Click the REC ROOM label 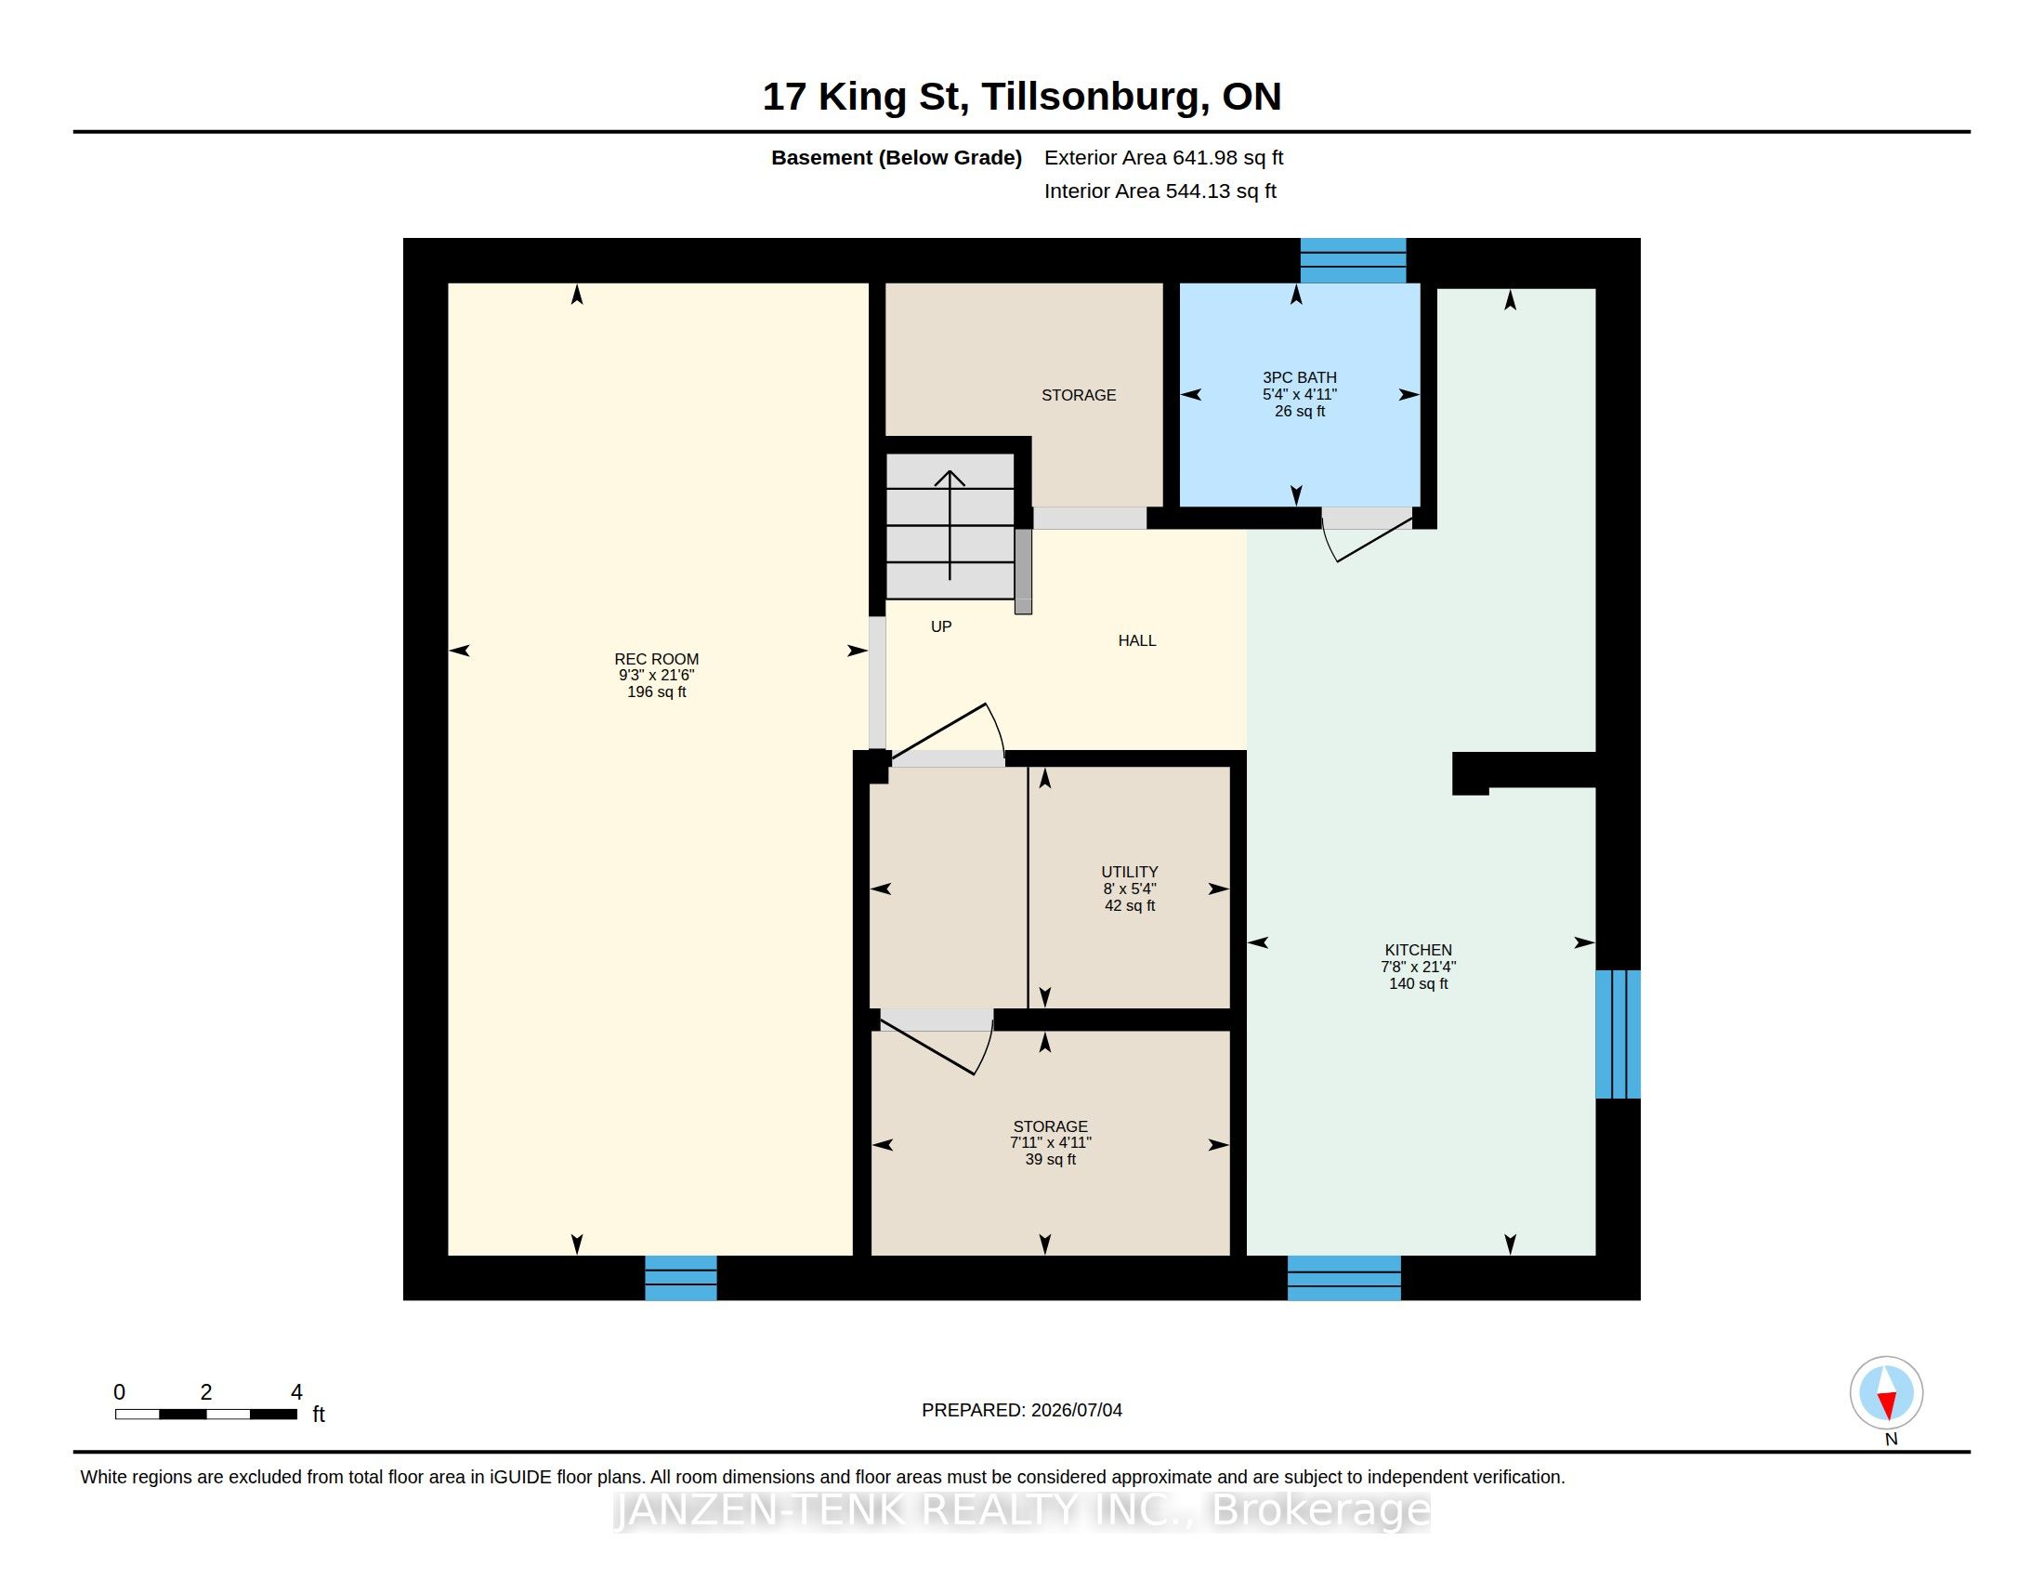click(x=656, y=659)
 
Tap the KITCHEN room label click(x=1418, y=950)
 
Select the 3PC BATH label click(x=1299, y=377)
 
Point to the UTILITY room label click(x=1130, y=872)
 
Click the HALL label click(x=1137, y=640)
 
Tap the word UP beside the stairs click(x=940, y=626)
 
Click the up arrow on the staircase click(x=950, y=524)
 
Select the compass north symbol click(x=1887, y=1393)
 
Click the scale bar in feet click(x=206, y=1414)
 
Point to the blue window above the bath click(x=1354, y=260)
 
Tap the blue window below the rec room click(x=680, y=1278)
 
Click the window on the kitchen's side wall click(x=1618, y=1034)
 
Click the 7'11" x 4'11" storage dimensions click(x=1050, y=1143)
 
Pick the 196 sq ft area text click(x=656, y=691)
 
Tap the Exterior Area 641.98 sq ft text click(x=1163, y=157)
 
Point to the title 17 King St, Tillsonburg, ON click(x=1022, y=97)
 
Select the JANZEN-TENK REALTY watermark click(x=1022, y=1508)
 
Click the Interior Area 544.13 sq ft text click(x=1160, y=191)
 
